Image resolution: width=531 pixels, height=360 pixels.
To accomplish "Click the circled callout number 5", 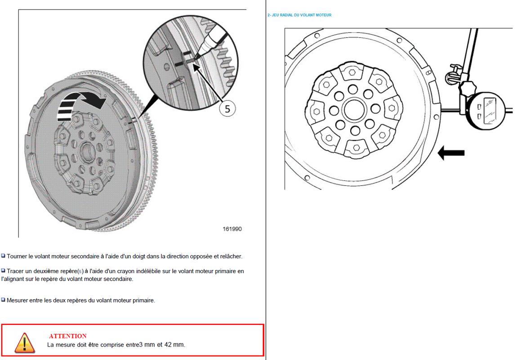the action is point(227,109).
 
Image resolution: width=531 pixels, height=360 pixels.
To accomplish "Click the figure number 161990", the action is point(232,229).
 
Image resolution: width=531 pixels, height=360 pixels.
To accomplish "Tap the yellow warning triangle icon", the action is point(24,343).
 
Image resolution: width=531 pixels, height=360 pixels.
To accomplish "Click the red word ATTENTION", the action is point(68,336).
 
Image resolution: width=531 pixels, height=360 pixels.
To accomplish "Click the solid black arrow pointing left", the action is point(451,153).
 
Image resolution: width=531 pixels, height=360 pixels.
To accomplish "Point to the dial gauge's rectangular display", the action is point(490,111).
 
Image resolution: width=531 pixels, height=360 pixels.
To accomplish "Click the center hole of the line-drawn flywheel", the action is point(354,109).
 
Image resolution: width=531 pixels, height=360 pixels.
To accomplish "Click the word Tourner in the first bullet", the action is point(17,256).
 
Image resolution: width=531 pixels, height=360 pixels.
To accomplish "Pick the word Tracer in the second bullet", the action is point(16,271).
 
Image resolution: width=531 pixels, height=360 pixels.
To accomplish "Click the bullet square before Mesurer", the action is point(3,300).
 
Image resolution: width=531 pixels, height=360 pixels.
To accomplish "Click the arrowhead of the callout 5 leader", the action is point(196,67).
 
